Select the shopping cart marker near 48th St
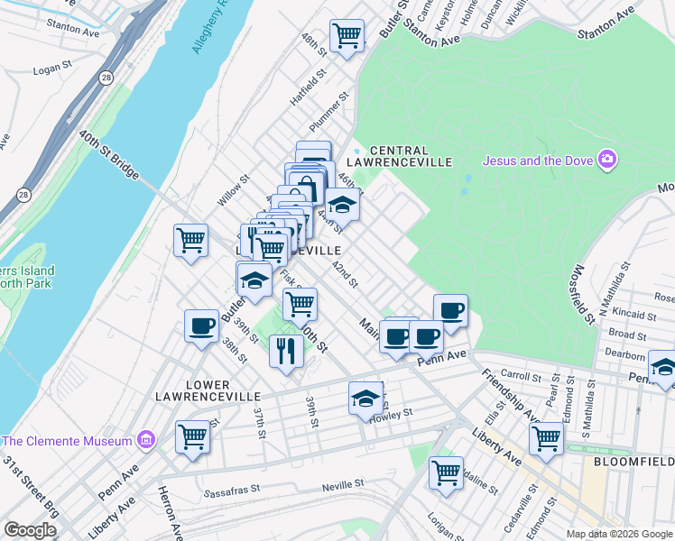(x=347, y=37)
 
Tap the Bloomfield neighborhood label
(x=633, y=461)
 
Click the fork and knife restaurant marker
(x=286, y=350)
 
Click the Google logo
(x=30, y=530)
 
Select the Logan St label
(x=52, y=68)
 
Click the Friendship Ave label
(x=509, y=395)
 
